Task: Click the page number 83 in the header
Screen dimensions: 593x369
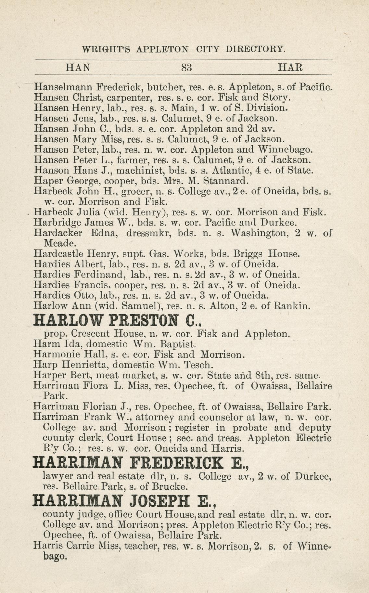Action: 187,68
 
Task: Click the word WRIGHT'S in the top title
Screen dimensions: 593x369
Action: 106,49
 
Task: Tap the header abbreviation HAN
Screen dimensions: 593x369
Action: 78,68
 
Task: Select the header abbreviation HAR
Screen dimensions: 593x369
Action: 291,68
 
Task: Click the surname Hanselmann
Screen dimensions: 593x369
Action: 64,87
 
